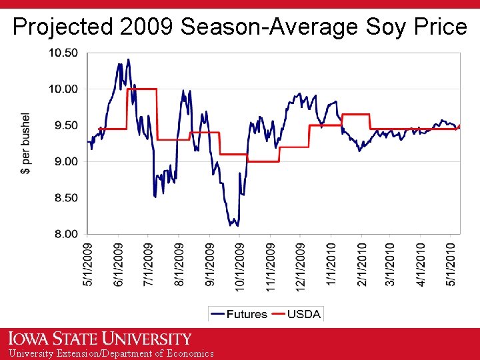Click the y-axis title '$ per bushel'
[26, 143]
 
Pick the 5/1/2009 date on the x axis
[89, 265]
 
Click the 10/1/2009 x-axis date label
[240, 265]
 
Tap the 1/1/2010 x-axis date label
[331, 265]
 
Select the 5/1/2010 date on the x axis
[451, 265]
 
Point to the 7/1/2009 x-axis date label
[149, 265]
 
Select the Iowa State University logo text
[100, 339]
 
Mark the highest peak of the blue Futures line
[128, 59]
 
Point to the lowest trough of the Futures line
[237, 226]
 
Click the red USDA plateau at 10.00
[145, 89]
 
